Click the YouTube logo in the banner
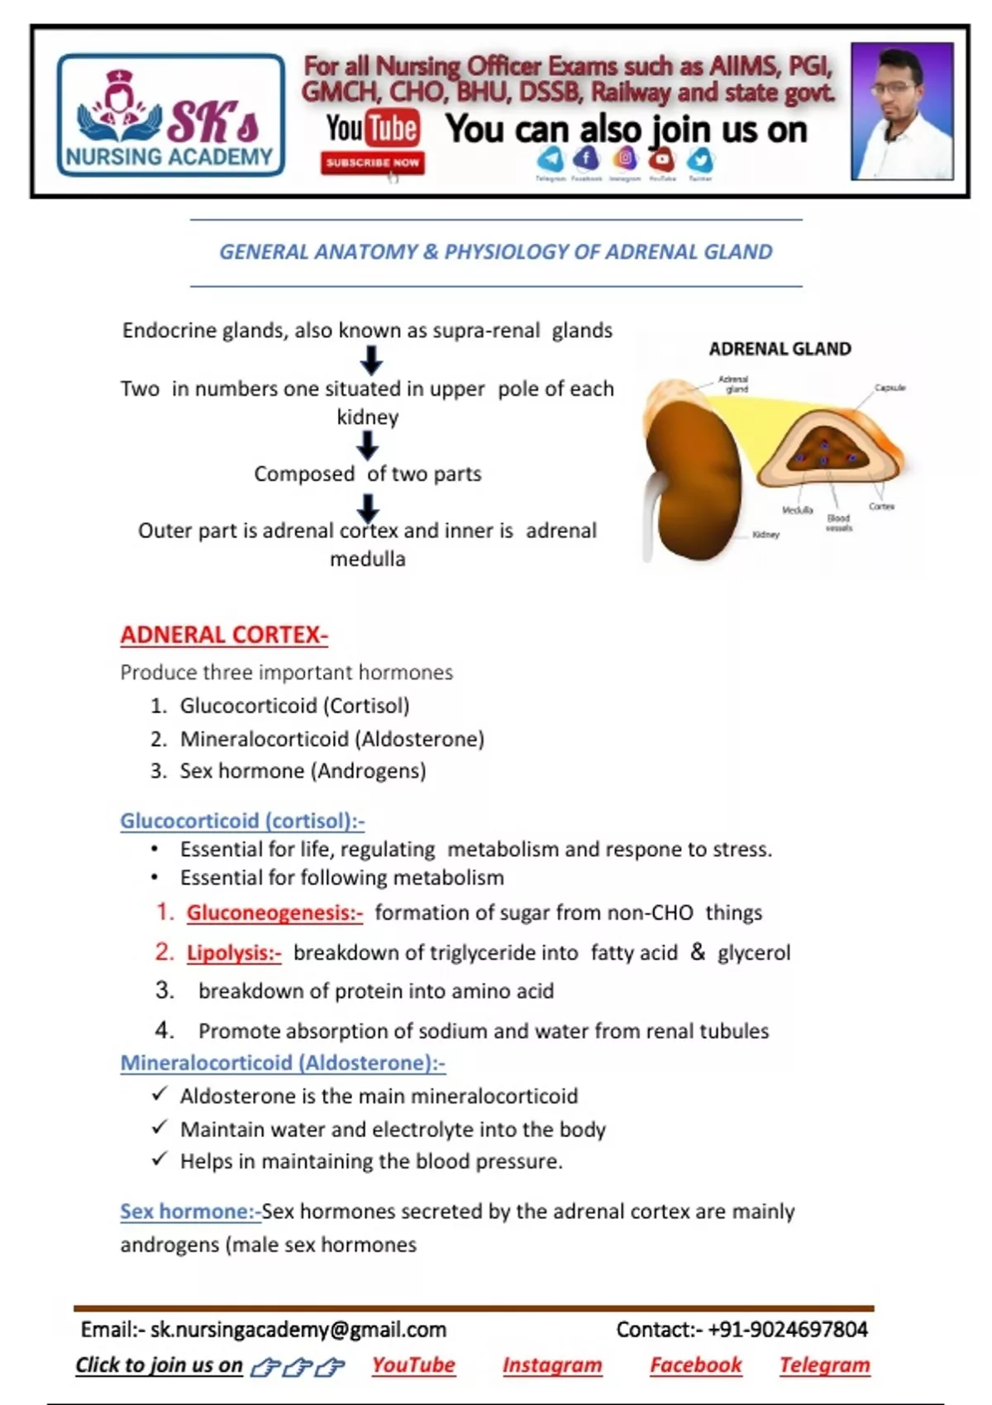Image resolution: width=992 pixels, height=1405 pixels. [372, 129]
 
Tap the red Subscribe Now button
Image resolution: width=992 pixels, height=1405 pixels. [372, 163]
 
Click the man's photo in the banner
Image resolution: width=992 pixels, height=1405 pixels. [902, 111]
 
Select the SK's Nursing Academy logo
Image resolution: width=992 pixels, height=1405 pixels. [170, 115]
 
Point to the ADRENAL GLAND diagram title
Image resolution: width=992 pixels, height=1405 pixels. [780, 349]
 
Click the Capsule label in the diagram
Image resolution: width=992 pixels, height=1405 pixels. [889, 388]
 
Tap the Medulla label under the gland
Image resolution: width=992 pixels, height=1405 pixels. [797, 510]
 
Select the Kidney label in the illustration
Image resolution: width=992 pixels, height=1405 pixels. [765, 535]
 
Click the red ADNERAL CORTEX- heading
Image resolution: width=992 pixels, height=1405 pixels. [224, 635]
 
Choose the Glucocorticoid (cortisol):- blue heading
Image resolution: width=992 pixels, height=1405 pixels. [242, 821]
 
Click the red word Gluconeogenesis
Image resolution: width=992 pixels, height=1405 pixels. [274, 912]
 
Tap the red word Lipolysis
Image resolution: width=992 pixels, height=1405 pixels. [234, 953]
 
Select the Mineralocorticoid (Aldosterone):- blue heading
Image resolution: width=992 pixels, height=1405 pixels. [283, 1063]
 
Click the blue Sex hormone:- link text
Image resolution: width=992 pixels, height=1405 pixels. [190, 1212]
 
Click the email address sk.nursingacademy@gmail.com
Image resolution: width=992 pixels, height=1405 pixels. [298, 1329]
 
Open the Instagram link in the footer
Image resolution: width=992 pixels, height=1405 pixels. [552, 1365]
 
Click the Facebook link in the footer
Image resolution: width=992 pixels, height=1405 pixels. [695, 1365]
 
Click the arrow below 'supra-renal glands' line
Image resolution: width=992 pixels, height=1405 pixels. [371, 360]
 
